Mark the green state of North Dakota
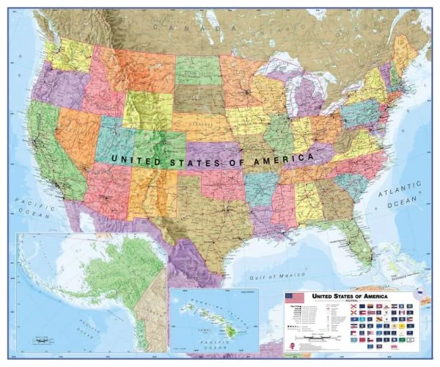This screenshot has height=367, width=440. pos(197,70)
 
